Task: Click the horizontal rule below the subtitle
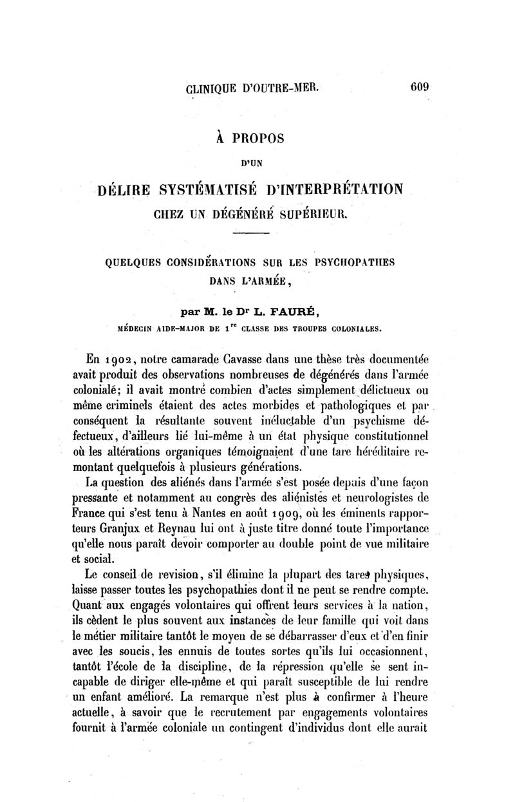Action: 257,236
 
